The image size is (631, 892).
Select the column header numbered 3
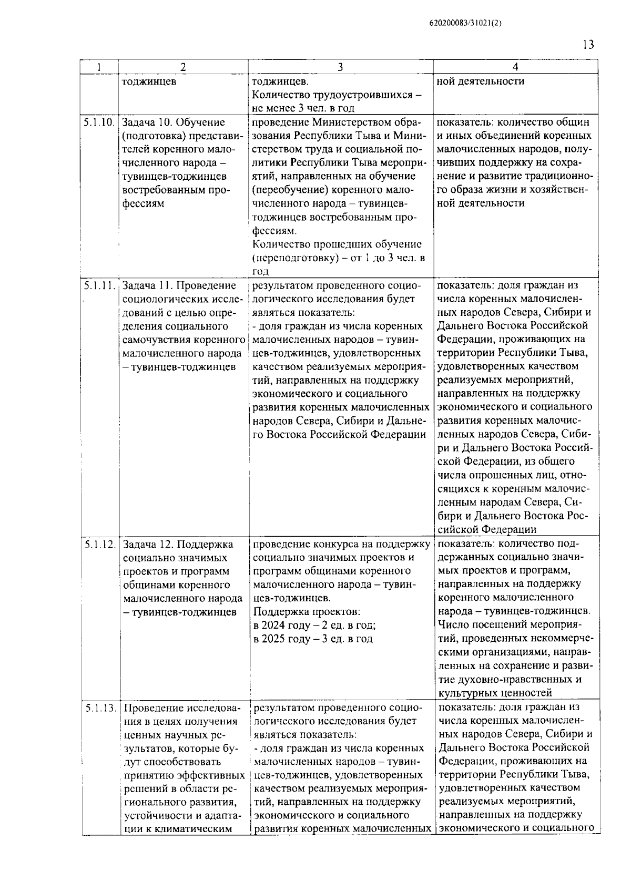pyautogui.click(x=340, y=67)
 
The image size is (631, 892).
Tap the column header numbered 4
pyautogui.click(x=515, y=67)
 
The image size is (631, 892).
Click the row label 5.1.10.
pyautogui.click(x=98, y=122)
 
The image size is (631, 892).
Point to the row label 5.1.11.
pyautogui.click(x=98, y=285)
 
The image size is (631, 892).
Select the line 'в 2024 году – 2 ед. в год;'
pyautogui.click(x=314, y=626)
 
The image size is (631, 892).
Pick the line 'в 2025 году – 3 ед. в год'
pyautogui.click(x=312, y=639)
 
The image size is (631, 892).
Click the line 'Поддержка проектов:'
pyautogui.click(x=307, y=612)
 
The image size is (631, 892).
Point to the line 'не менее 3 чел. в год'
pyautogui.click(x=303, y=108)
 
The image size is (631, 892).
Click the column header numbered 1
pyautogui.click(x=98, y=67)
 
